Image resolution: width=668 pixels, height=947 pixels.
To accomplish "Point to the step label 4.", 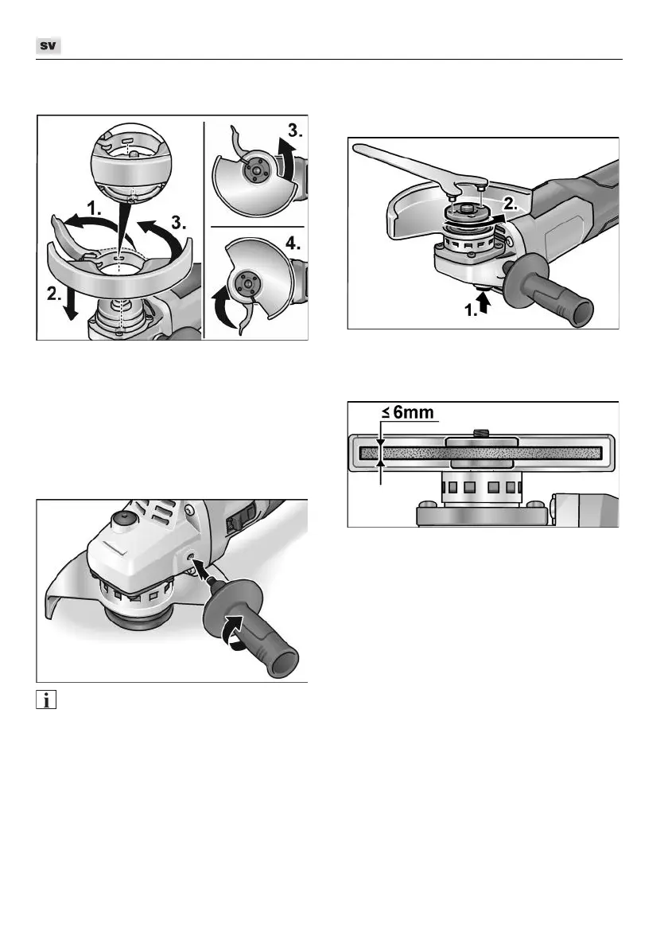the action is (x=293, y=244).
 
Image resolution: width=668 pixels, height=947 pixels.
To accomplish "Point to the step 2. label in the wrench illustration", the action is (x=509, y=205).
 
